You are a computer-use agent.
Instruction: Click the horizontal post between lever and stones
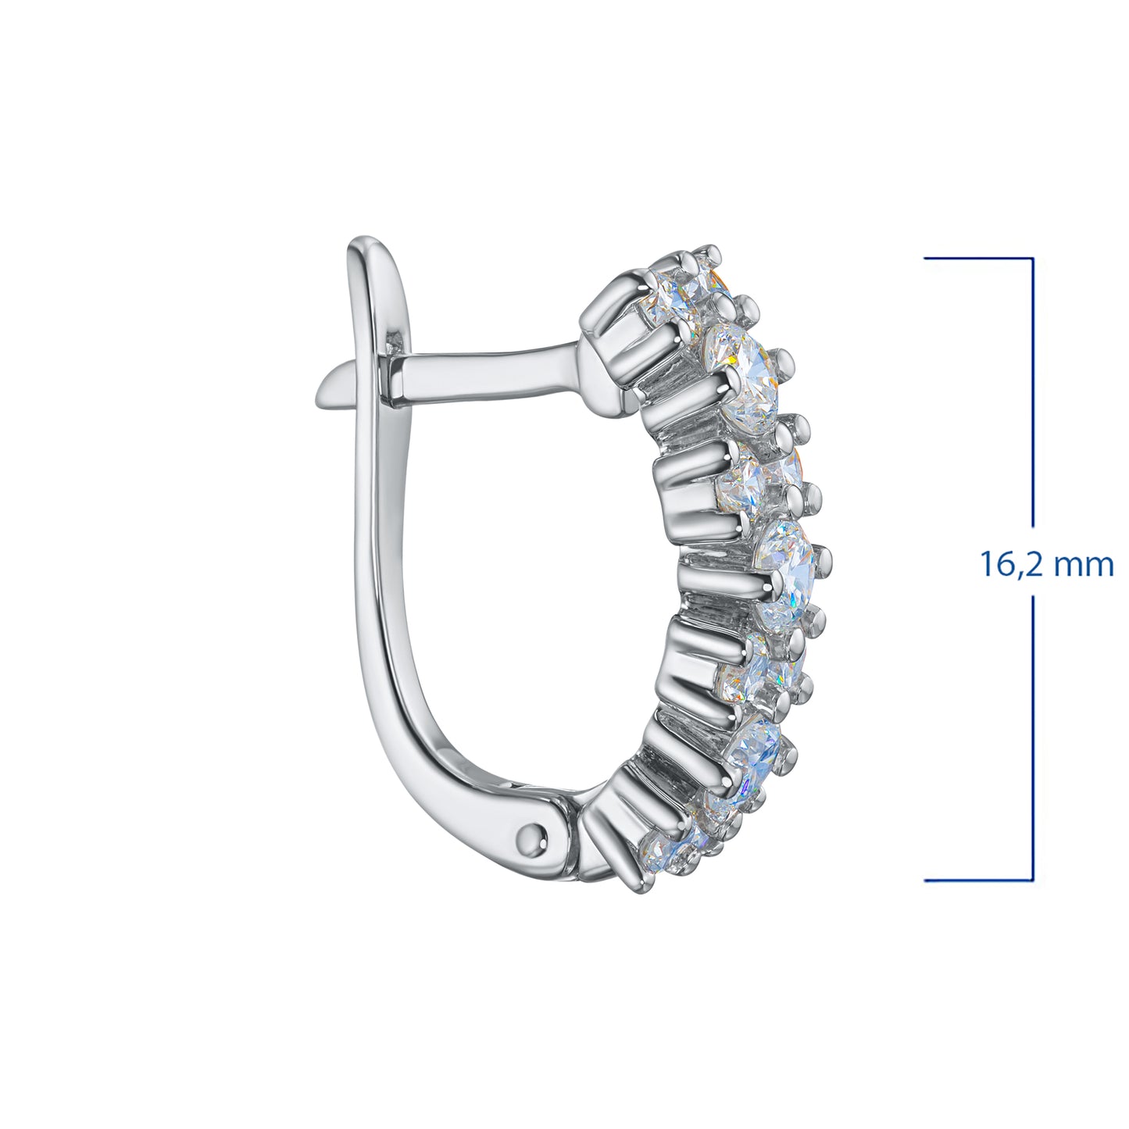tap(484, 373)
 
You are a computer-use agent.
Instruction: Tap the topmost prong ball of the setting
tap(711, 252)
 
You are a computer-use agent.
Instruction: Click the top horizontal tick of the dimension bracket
tap(977, 259)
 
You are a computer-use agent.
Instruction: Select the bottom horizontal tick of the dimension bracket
tap(977, 881)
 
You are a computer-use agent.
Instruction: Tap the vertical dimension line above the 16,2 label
tap(1033, 391)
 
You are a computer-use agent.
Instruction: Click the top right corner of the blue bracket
tap(1033, 259)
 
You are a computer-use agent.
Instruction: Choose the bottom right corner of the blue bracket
tap(1033, 881)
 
